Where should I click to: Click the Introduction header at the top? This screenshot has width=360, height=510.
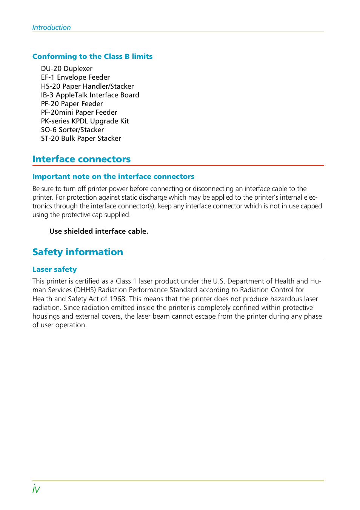coord(51,28)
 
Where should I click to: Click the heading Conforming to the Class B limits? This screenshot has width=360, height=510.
coord(92,57)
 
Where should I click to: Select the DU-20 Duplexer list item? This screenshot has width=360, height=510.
coord(66,69)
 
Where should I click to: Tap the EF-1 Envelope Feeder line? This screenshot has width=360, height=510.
coord(75,77)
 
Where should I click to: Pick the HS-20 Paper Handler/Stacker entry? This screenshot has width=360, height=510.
coord(87,86)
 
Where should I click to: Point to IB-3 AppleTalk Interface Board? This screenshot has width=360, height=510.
coord(90,95)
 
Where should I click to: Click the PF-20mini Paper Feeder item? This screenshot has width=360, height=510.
coord(79,112)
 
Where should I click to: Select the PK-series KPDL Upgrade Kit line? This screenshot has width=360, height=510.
coord(85,121)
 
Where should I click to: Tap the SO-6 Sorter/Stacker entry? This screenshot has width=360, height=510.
coord(72,130)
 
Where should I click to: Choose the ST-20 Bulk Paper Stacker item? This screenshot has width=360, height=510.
coord(81,139)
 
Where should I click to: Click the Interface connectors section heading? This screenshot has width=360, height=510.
coord(82,159)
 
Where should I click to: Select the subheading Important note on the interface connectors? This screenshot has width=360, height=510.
coord(113,177)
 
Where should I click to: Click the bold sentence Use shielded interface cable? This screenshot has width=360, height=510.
coord(98,231)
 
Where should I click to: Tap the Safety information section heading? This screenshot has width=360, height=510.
coord(78,252)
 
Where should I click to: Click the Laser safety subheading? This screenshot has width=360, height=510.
coord(54,270)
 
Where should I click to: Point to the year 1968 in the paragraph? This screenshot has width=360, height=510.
coord(117,299)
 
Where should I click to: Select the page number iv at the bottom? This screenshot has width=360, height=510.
coord(36,490)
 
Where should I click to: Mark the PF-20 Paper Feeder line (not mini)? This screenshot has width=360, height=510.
coord(72,104)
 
